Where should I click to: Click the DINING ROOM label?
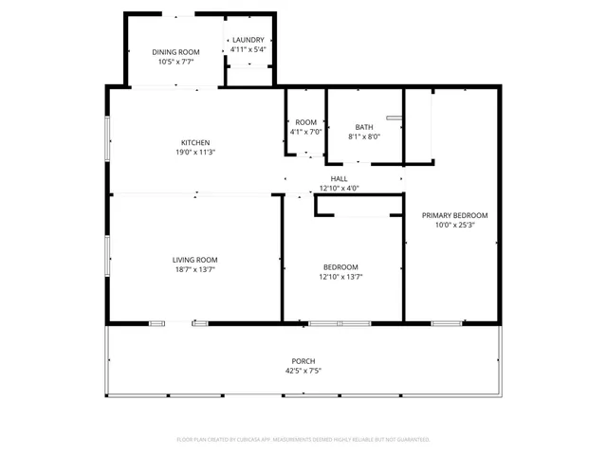pos(175,52)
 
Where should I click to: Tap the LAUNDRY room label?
pos(248,40)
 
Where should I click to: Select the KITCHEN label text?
pos(195,143)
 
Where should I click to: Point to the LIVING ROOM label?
pos(194,260)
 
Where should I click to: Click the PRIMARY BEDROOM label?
pos(454,216)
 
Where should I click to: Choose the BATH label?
pos(364,127)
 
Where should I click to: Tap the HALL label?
pos(339,178)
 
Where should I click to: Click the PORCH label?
pos(303,361)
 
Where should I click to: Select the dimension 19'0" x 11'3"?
pos(195,153)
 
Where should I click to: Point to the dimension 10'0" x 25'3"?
pos(454,226)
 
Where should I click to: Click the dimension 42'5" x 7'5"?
pos(303,371)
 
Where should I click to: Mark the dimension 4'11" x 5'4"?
pos(248,49)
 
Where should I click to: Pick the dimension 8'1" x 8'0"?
pos(364,136)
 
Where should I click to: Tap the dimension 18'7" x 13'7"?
pos(194,269)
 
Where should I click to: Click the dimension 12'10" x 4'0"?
pos(339,188)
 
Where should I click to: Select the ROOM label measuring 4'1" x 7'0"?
pos(305,122)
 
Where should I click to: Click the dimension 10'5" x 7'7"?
pos(175,62)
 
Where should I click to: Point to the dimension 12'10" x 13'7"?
pos(340,277)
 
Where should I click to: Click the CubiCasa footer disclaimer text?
pos(303,440)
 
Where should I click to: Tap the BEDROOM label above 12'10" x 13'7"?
pos(340,267)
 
